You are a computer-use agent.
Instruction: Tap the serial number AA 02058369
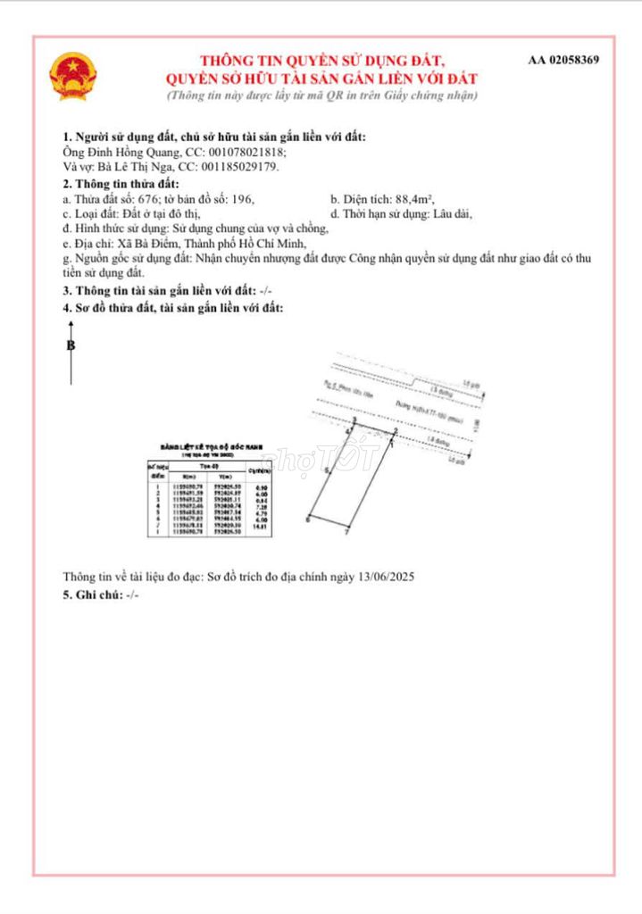[x=563, y=61]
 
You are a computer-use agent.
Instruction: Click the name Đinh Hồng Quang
[x=125, y=152]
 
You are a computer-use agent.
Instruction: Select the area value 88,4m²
[x=414, y=199]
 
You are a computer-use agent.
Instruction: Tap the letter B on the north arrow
[x=71, y=346]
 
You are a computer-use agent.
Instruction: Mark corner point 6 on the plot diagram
[x=308, y=519]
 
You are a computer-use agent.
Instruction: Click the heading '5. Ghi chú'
[x=92, y=594]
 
